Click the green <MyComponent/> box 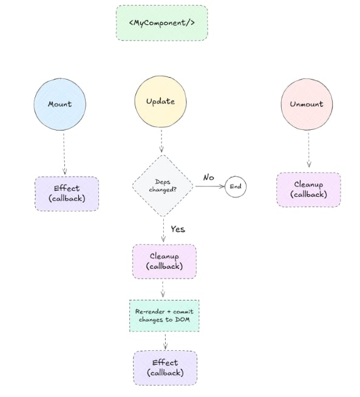pyautogui.click(x=161, y=23)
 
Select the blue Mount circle pyautogui.click(x=59, y=104)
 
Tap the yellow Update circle pyautogui.click(x=161, y=101)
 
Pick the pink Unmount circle pyautogui.click(x=306, y=104)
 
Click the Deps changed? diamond pyautogui.click(x=163, y=186)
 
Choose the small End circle pyautogui.click(x=236, y=186)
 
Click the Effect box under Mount pyautogui.click(x=66, y=194)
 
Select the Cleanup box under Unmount pyautogui.click(x=308, y=189)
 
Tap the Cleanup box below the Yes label pyautogui.click(x=164, y=261)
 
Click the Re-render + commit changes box pyautogui.click(x=164, y=315)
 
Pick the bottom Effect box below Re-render pyautogui.click(x=165, y=367)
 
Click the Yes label pyautogui.click(x=177, y=229)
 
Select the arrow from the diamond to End pyautogui.click(x=208, y=186)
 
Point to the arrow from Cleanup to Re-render pyautogui.click(x=163, y=289)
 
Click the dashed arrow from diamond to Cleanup pyautogui.click(x=163, y=230)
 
